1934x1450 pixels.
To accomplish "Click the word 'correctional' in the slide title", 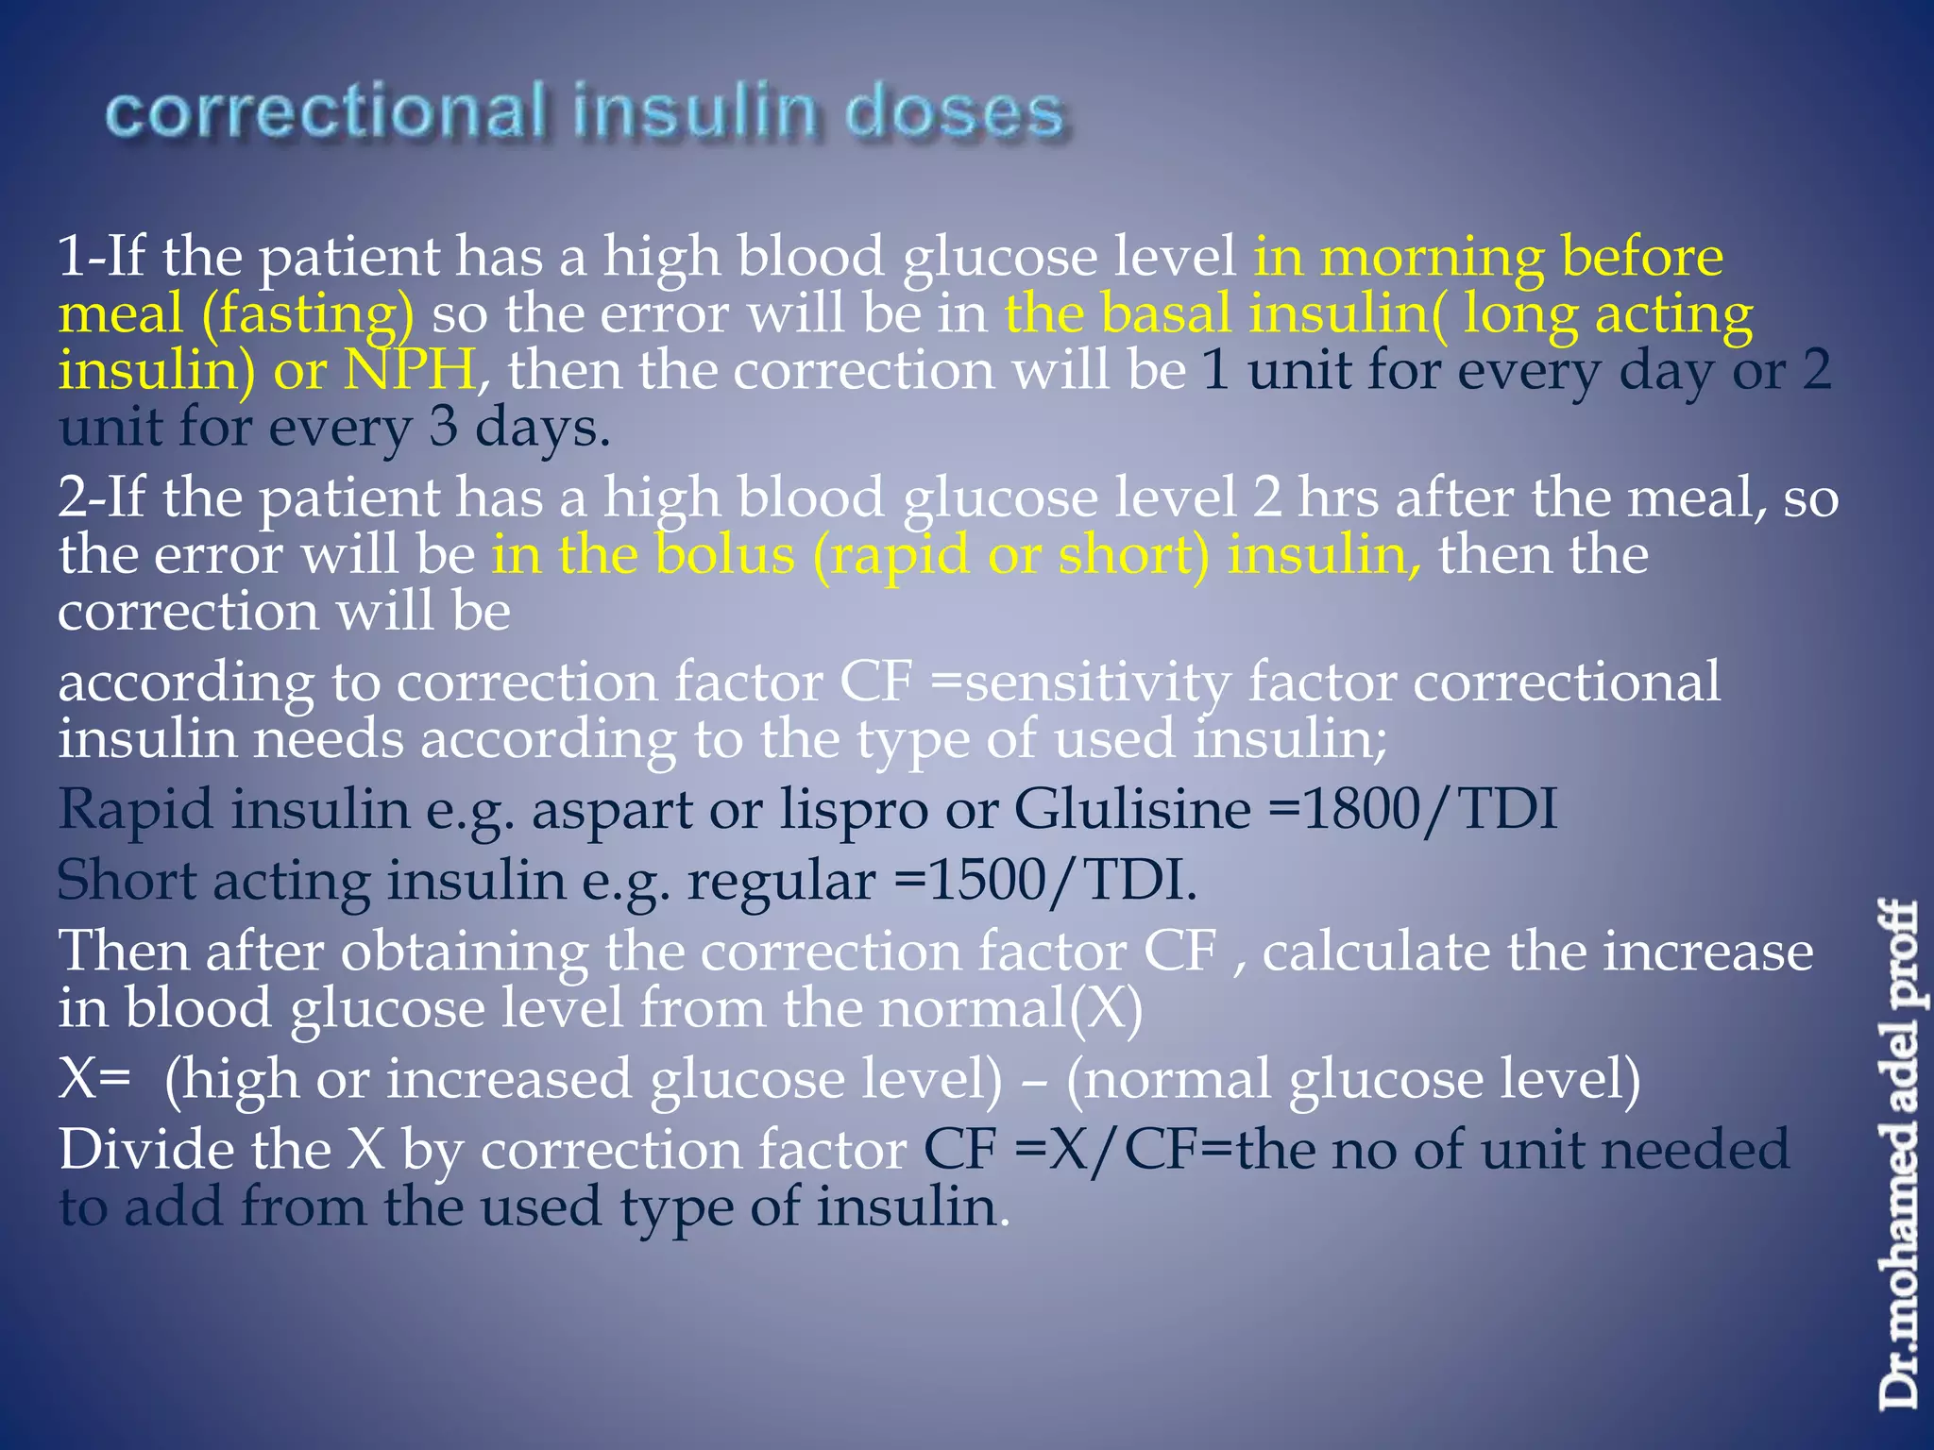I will [x=326, y=112].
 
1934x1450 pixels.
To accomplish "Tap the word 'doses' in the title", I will [x=955, y=112].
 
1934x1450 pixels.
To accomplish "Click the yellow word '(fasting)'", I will [x=308, y=314].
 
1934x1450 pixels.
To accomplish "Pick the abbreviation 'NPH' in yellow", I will [x=408, y=370].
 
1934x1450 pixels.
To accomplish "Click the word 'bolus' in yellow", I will [x=725, y=554].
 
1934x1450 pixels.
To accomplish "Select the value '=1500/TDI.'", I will [x=1044, y=881].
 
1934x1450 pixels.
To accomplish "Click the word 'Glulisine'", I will [x=1132, y=810].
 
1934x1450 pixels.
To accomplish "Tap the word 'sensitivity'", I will [x=1098, y=683].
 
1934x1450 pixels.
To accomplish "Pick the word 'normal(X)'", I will [x=1010, y=1008].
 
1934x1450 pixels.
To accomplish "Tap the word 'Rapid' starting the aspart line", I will [x=136, y=810].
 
